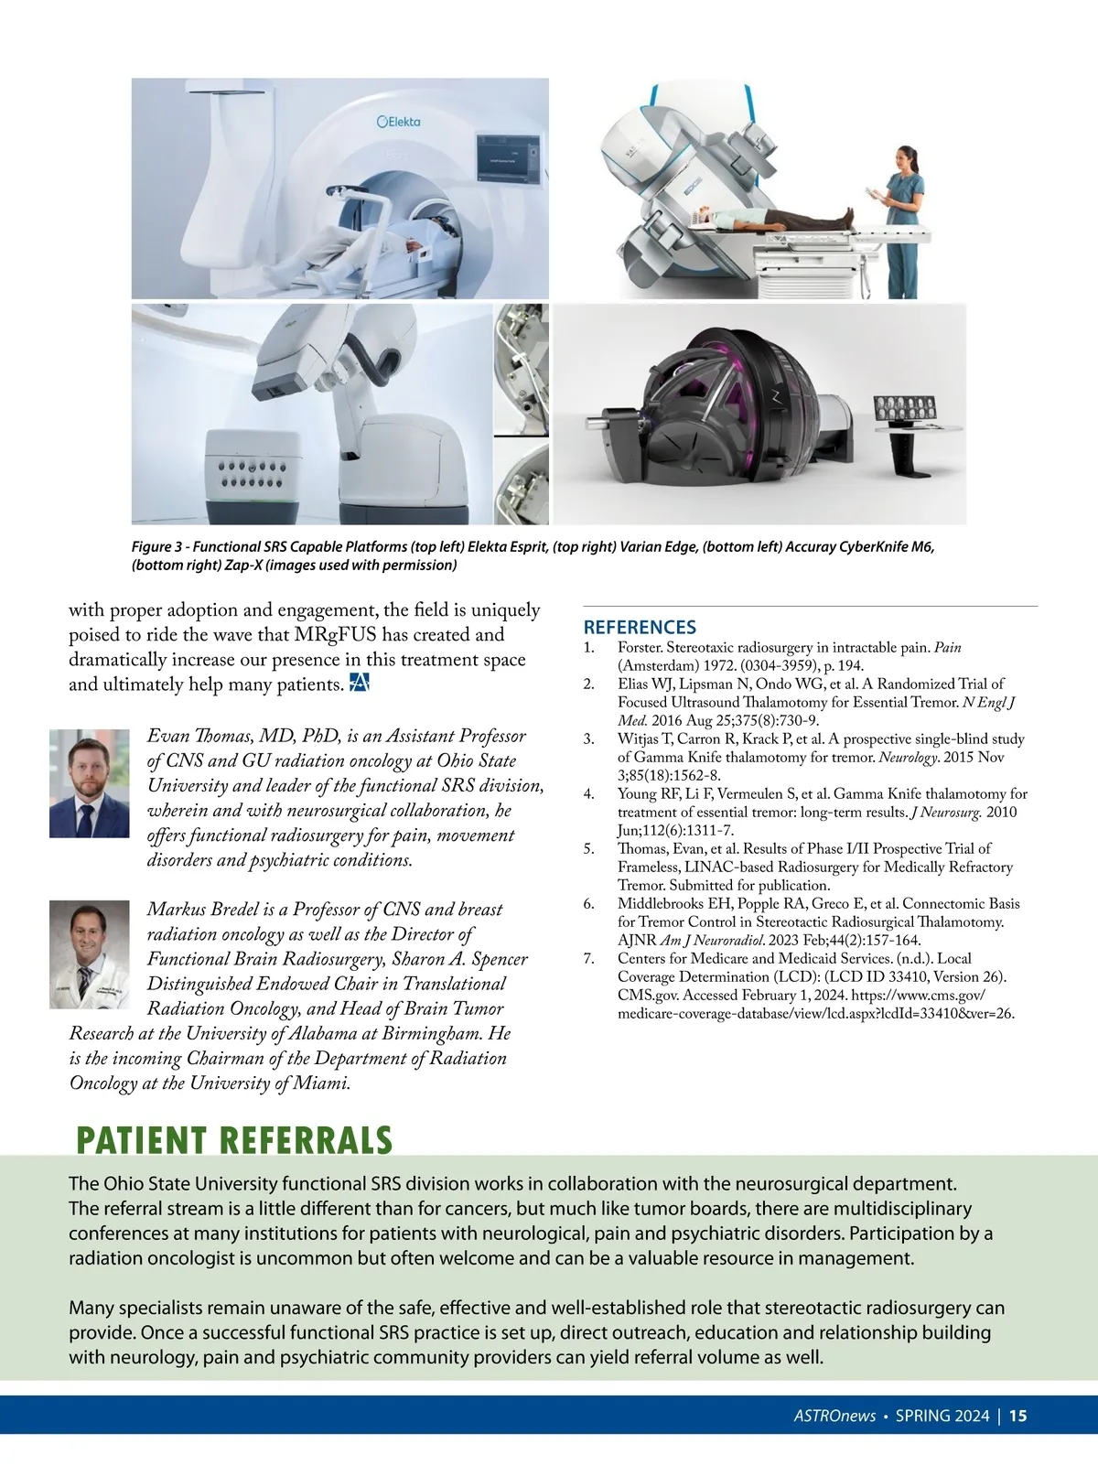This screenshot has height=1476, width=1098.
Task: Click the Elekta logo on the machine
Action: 399,122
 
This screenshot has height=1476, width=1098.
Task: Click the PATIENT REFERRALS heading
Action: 234,1141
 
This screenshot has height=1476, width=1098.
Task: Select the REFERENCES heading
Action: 640,627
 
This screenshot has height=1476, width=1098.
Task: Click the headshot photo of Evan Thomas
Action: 90,783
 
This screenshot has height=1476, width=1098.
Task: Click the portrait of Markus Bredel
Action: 90,954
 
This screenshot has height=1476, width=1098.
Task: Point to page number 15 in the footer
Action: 1017,1416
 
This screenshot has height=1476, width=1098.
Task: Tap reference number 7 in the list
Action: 589,958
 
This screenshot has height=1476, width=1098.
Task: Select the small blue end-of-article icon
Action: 359,684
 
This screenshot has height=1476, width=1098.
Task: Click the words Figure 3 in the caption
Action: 156,546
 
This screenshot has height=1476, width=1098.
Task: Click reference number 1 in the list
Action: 588,647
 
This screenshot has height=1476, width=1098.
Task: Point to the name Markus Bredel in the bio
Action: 202,909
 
